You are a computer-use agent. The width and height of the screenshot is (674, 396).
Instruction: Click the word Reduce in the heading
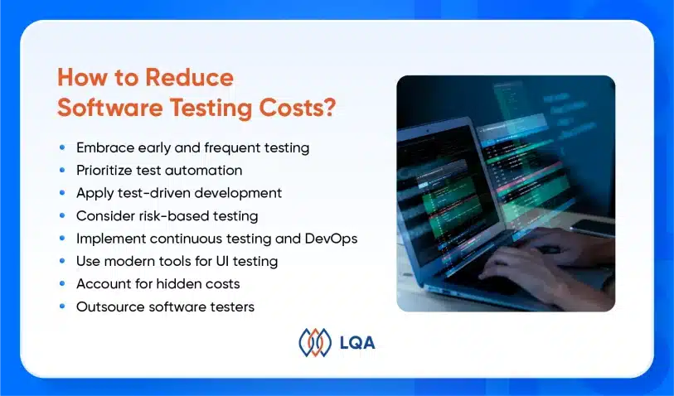[189, 77]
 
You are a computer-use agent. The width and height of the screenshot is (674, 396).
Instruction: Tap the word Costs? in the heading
[297, 107]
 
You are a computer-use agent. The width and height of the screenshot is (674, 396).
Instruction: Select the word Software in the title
[110, 107]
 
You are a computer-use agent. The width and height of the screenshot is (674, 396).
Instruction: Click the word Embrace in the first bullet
[105, 147]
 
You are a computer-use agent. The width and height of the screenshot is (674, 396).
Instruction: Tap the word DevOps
[331, 239]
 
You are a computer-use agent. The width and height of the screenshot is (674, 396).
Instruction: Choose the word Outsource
[110, 307]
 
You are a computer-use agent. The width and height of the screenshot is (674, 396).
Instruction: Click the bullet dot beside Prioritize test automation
[62, 170]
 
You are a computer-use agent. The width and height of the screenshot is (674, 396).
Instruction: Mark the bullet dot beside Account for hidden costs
[62, 283]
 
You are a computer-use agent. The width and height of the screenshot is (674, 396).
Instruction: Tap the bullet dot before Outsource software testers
[62, 307]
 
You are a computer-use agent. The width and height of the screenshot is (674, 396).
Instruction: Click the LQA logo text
[357, 343]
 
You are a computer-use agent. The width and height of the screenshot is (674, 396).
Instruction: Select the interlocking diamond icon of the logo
[315, 342]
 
